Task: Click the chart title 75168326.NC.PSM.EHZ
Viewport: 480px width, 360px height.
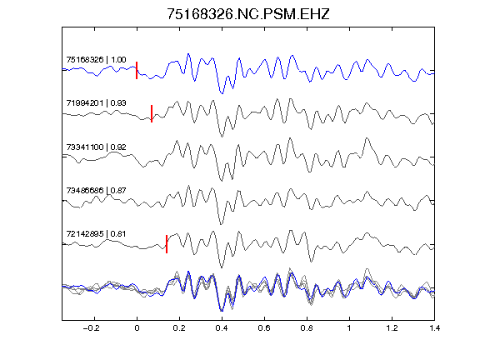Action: (x=248, y=14)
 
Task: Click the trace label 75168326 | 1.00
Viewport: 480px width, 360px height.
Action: (x=96, y=60)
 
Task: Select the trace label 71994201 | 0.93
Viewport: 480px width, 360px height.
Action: (x=96, y=103)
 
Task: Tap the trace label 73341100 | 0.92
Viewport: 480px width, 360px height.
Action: (x=96, y=147)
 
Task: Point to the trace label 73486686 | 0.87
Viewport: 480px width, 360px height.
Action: (x=96, y=191)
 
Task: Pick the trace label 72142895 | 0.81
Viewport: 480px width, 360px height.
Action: (x=96, y=234)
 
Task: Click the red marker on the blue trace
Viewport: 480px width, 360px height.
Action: (x=137, y=70)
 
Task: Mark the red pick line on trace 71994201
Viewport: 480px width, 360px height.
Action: (x=152, y=113)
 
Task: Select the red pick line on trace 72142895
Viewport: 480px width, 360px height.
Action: (x=167, y=244)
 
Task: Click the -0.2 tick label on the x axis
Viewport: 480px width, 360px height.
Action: (x=91, y=328)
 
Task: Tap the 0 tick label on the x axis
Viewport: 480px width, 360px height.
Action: (x=137, y=328)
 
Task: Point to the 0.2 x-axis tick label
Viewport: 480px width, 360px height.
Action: (x=179, y=328)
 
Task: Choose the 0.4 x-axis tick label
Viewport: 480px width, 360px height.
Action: (x=222, y=328)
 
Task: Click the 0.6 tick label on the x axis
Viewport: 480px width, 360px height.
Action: (x=264, y=328)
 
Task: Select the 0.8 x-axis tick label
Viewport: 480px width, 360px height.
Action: (x=307, y=328)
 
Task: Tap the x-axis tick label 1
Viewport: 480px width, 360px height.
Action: (x=349, y=328)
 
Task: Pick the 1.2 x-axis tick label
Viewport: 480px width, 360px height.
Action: (x=392, y=328)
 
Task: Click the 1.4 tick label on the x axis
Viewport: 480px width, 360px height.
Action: (x=434, y=328)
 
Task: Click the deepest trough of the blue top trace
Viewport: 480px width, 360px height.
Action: (x=222, y=93)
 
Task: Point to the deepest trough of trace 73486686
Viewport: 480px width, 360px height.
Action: (x=222, y=224)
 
